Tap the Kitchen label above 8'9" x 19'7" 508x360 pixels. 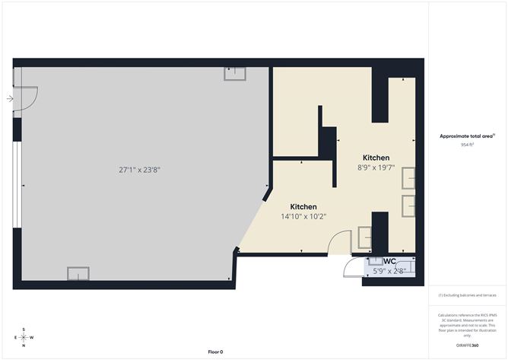coord(376,158)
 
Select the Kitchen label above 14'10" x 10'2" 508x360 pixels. coord(303,207)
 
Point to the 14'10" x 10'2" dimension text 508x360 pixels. coord(303,217)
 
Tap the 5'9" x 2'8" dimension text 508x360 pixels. coord(389,270)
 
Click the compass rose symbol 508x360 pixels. coord(24,337)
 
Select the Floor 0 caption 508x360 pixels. coord(215,352)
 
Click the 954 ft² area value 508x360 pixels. coord(467,144)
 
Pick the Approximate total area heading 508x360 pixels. coord(467,135)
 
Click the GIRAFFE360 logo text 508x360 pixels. coord(467,346)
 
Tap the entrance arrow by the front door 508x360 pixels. coord(10,98)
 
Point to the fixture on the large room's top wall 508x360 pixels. coord(233,73)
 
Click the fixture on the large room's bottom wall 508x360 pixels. coord(78,273)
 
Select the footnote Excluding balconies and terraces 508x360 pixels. coord(467,295)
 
